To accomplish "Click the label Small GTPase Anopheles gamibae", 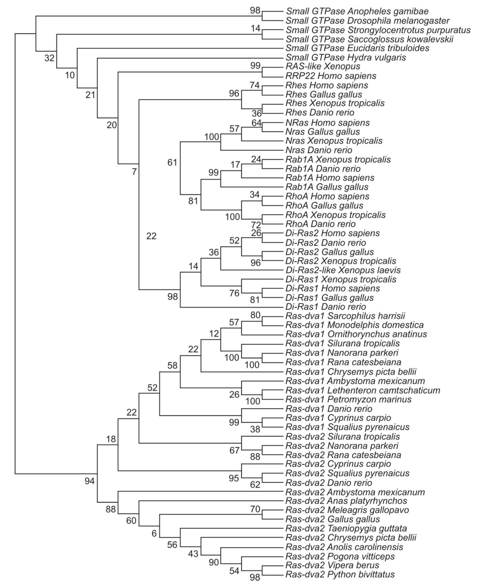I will point(357,11).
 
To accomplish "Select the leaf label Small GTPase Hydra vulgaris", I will point(346,58).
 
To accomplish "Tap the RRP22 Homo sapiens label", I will point(331,76).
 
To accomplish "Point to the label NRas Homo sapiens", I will point(327,123).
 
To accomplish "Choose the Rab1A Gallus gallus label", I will point(327,187).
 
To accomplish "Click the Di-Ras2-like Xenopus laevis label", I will point(343,270).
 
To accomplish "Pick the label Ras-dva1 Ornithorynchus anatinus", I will point(356,334).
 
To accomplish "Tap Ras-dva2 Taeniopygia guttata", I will point(346,529).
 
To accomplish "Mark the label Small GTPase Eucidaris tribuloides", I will point(357,49).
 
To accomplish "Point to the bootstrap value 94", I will point(90,481).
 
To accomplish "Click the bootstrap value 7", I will point(134,172).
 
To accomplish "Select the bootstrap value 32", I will point(49,58).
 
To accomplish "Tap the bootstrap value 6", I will point(154,533).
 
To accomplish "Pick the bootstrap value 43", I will point(193,554).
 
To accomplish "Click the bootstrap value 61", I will point(172,162).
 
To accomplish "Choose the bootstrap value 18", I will point(111,439).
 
